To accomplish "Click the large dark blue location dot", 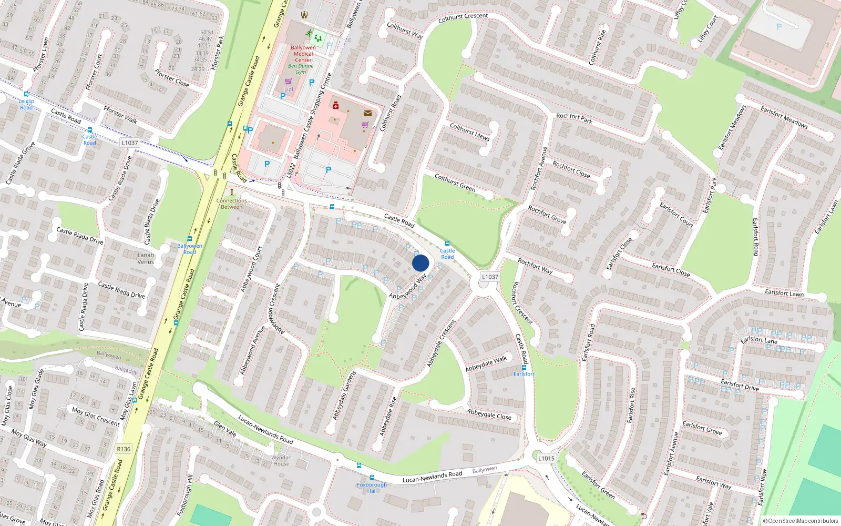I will (420, 263).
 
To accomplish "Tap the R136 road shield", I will (124, 449).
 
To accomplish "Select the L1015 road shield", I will (546, 458).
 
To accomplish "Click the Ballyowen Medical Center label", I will (303, 54).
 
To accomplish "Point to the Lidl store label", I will (289, 89).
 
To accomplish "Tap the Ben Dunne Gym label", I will (301, 69).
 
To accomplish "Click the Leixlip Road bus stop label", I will (26, 104).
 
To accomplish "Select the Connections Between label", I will (231, 204).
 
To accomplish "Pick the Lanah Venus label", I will (146, 258).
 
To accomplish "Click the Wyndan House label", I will (281, 460).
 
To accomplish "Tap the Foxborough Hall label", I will (372, 488).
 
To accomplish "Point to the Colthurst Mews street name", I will (469, 131).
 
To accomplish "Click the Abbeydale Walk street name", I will (486, 363).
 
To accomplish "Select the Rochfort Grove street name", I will (547, 215).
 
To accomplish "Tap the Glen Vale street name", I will (225, 429).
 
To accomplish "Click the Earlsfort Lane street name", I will (758, 340).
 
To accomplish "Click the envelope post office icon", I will (367, 113).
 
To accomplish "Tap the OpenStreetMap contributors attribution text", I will (801, 521).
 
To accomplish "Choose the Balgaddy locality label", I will (126, 370).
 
